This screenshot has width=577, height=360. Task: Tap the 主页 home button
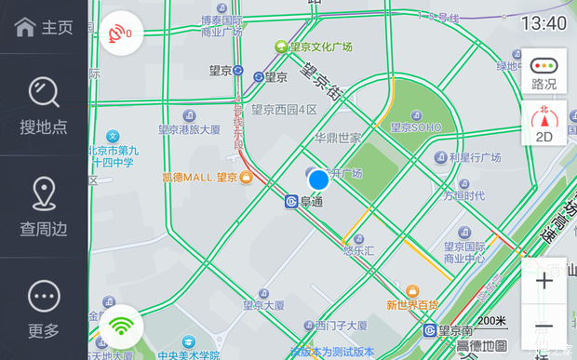(44, 27)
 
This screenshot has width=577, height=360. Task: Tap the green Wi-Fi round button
(120, 327)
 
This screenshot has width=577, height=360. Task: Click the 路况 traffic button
(544, 72)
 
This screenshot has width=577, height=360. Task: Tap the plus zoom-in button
(544, 281)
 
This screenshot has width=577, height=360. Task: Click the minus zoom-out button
(544, 327)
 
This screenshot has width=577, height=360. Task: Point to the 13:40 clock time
(543, 22)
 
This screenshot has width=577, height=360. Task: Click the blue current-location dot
(318, 180)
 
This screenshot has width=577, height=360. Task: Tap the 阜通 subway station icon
(291, 200)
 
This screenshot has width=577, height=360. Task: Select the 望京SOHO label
(414, 127)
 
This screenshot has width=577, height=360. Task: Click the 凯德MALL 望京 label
(200, 177)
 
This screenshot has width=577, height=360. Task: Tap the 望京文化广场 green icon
(280, 46)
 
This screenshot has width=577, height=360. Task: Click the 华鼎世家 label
(337, 138)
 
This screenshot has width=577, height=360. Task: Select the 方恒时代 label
(463, 195)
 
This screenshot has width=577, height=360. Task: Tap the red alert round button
(120, 33)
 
